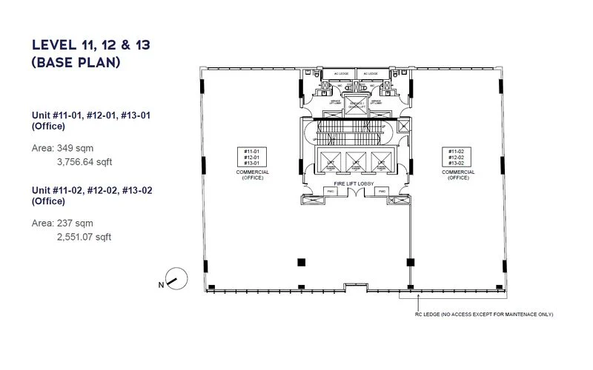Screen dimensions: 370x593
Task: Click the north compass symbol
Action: click(172, 280)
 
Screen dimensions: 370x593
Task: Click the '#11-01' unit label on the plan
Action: click(251, 151)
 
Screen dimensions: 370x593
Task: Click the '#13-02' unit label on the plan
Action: click(455, 163)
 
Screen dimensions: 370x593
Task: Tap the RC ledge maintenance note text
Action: click(484, 314)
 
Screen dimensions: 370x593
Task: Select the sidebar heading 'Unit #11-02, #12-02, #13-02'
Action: click(91, 190)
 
